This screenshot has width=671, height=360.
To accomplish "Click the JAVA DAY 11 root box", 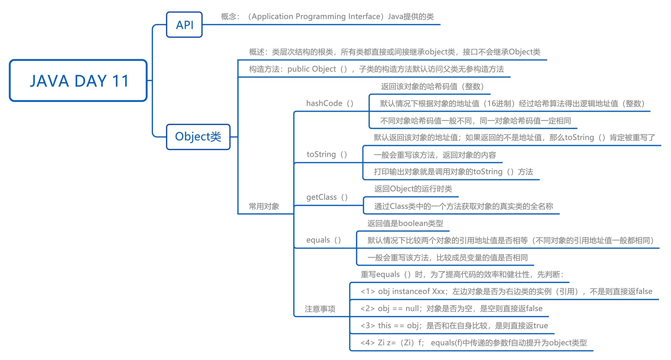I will point(78,80).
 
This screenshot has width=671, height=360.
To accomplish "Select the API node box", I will point(184,25).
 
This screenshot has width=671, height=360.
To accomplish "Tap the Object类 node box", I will point(198,137).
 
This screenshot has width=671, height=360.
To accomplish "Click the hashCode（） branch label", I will point(330,104).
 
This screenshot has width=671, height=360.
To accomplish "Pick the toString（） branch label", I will point(327,155).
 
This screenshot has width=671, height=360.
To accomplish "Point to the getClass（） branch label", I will point(327,197).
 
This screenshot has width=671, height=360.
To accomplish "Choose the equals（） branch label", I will point(323,240).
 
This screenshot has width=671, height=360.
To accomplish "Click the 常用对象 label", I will point(264,206).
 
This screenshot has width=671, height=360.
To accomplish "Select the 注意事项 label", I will point(320,309).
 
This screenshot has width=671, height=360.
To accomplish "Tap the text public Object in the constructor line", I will point(312,69).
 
